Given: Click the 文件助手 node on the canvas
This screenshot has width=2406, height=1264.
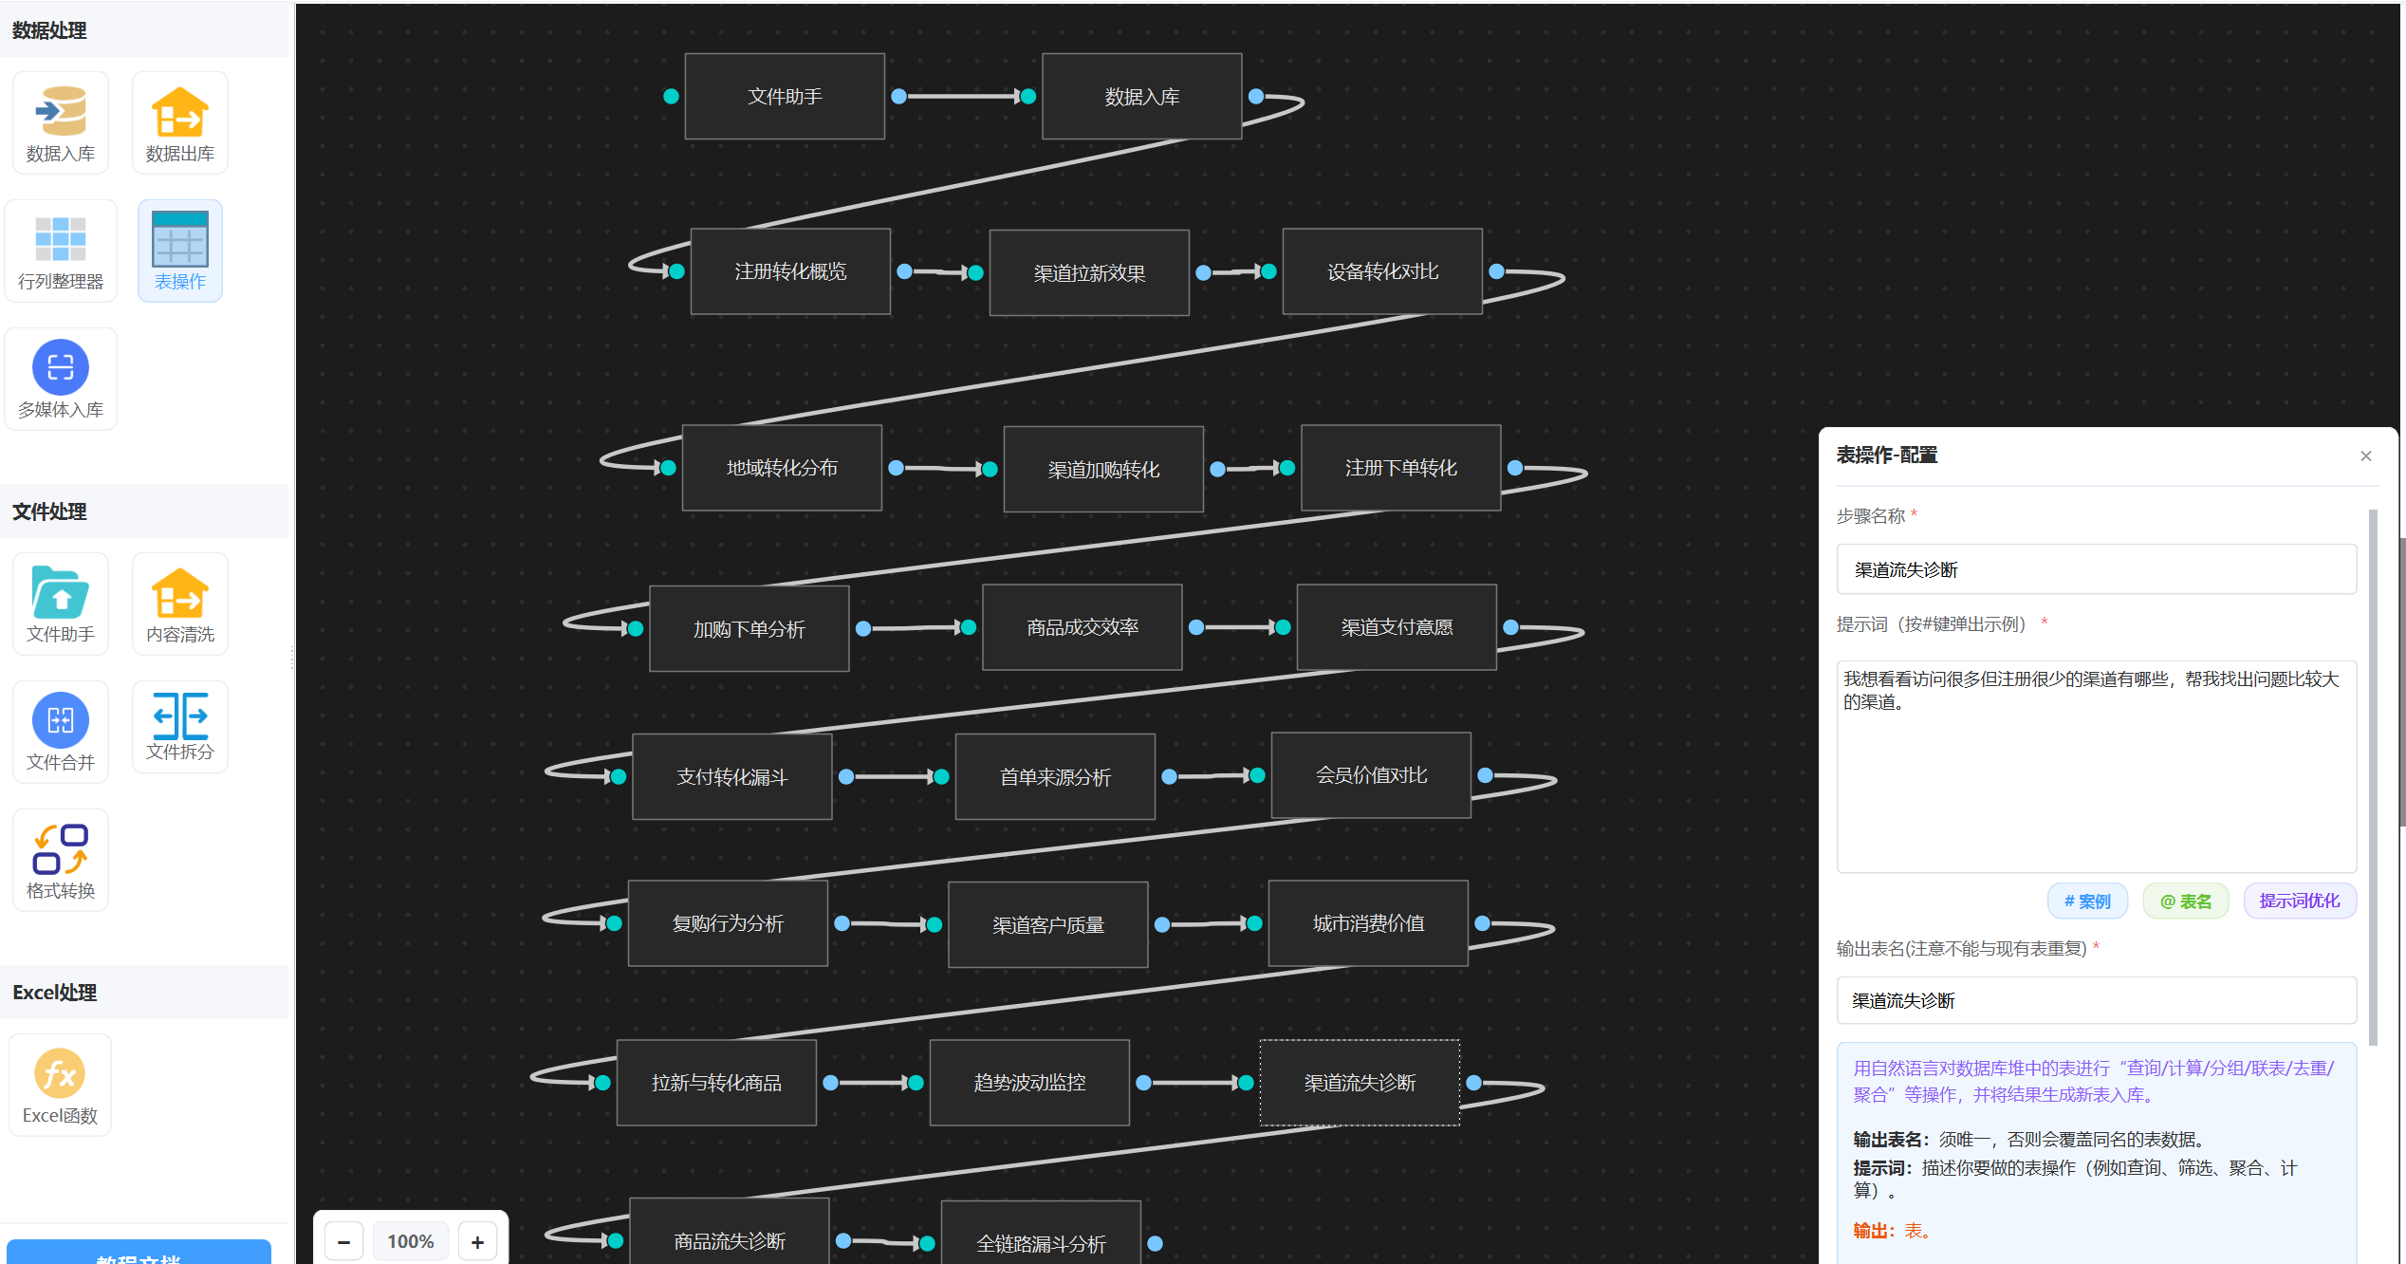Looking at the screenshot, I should point(785,97).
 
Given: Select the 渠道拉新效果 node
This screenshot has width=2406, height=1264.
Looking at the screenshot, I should point(1089,273).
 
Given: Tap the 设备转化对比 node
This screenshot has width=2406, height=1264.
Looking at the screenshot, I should point(1382,271).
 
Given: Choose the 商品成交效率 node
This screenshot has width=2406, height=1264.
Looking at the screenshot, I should point(1083,627).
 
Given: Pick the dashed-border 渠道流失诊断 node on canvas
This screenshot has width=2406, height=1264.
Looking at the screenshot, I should point(1360,1083).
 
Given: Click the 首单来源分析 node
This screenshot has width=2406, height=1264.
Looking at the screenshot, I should point(1055,777).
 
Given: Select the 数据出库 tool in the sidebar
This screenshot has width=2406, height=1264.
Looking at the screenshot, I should point(180,123).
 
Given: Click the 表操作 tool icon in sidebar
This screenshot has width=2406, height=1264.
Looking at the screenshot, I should point(180,251).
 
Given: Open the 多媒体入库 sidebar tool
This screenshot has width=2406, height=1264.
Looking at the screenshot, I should point(61,379).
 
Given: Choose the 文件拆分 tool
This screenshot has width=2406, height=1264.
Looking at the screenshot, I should point(180,727).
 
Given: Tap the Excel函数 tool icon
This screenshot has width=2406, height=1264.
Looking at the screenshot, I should point(60,1085).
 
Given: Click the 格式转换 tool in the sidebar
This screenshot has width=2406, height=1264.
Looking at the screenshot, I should point(61,861).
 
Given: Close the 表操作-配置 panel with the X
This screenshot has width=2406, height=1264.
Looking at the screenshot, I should point(2366,456).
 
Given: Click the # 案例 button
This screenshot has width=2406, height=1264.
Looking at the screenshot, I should point(2087,901).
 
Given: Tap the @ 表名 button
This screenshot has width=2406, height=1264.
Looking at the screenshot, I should point(2186,901).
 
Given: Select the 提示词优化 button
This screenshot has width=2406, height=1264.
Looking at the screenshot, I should point(2300,901).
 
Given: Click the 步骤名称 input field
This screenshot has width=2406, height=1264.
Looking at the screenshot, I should point(2097,569).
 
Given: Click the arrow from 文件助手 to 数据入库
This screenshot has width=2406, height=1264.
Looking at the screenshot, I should point(963,96).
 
